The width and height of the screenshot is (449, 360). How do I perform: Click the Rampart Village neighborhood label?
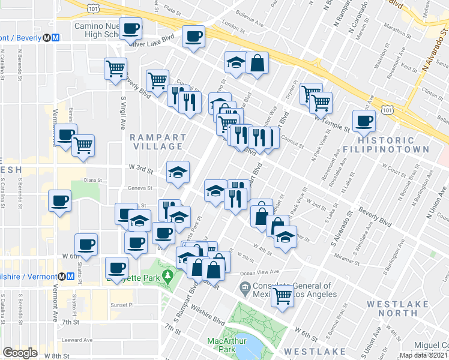pos(156,142)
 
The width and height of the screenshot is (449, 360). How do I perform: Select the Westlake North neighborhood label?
pos(400,308)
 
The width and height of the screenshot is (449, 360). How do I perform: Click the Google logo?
pos(19,353)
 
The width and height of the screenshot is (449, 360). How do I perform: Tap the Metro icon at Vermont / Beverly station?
pos(55,37)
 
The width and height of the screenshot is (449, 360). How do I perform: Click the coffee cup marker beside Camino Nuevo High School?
pos(130,28)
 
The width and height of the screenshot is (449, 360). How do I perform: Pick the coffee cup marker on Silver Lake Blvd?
pos(193,37)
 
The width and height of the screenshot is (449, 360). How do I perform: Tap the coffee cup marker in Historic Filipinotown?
pos(364,121)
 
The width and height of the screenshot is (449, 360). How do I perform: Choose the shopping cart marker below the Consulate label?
pos(282,296)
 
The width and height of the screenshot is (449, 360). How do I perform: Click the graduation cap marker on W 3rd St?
pos(178,172)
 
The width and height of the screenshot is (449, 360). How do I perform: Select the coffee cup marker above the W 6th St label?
pos(86,245)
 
